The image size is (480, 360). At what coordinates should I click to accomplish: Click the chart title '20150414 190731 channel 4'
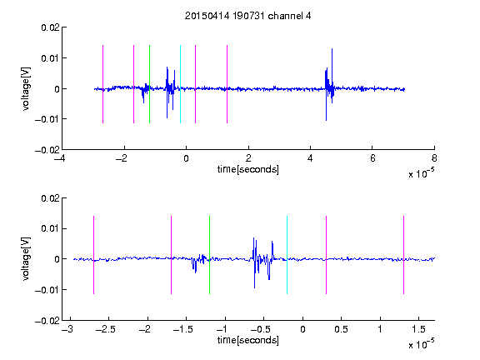point(247,16)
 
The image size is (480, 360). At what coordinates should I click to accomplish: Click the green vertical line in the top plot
point(149,84)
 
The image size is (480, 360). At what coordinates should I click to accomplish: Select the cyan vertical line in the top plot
point(180,84)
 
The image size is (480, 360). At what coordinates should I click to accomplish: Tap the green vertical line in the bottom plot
point(209,255)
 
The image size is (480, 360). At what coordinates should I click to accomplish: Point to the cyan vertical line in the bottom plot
point(287,255)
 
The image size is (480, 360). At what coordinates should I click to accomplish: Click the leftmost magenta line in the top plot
point(102,84)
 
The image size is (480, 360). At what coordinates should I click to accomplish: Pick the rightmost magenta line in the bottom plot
point(403,255)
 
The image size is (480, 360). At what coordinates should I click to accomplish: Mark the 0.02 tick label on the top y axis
point(50,27)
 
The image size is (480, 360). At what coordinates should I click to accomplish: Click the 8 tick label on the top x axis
point(434,158)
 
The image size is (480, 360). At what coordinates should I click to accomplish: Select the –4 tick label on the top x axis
point(59,158)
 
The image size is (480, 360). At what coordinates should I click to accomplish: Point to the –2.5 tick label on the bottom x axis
point(105,329)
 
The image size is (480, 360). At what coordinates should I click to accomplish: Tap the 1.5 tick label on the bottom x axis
point(418,329)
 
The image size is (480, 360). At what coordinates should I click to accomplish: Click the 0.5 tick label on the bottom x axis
point(341,329)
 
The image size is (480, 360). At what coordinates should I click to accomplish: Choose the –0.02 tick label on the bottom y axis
point(47,321)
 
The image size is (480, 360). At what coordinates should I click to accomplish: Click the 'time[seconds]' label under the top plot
point(248,169)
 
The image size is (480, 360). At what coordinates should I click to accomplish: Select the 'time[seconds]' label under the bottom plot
point(248,340)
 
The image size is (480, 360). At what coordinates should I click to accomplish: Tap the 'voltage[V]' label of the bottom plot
point(27,259)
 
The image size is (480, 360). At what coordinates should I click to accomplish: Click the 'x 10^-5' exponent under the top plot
point(421,173)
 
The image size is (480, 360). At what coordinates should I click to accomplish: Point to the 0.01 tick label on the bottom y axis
point(50,228)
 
